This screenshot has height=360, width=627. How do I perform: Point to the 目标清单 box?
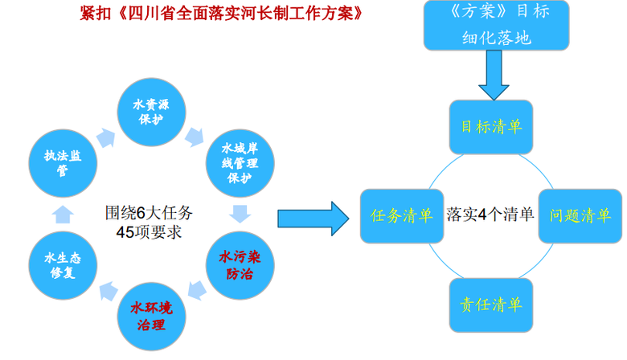[490, 126]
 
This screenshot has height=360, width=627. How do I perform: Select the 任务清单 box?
[401, 216]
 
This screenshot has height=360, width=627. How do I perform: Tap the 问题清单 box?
[580, 216]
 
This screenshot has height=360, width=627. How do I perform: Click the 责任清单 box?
[490, 305]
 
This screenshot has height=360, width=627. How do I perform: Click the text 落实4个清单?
[490, 215]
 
